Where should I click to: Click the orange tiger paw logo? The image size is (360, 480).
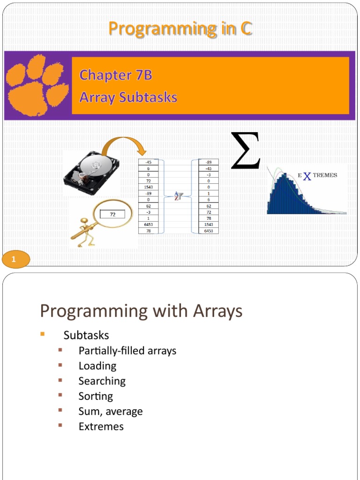(37, 85)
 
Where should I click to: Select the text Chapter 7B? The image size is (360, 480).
(115, 75)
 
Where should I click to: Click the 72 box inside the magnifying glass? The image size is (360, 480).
(112, 214)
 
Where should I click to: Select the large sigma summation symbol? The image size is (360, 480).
(245, 151)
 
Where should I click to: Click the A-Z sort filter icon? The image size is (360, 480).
(178, 196)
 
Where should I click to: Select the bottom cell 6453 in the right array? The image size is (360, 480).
(209, 231)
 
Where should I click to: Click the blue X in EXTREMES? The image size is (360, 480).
(307, 176)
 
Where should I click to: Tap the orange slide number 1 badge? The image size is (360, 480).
(15, 259)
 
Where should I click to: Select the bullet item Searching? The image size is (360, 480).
(102, 381)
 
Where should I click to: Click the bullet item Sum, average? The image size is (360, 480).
(111, 412)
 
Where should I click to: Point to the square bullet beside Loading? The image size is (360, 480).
(60, 366)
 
